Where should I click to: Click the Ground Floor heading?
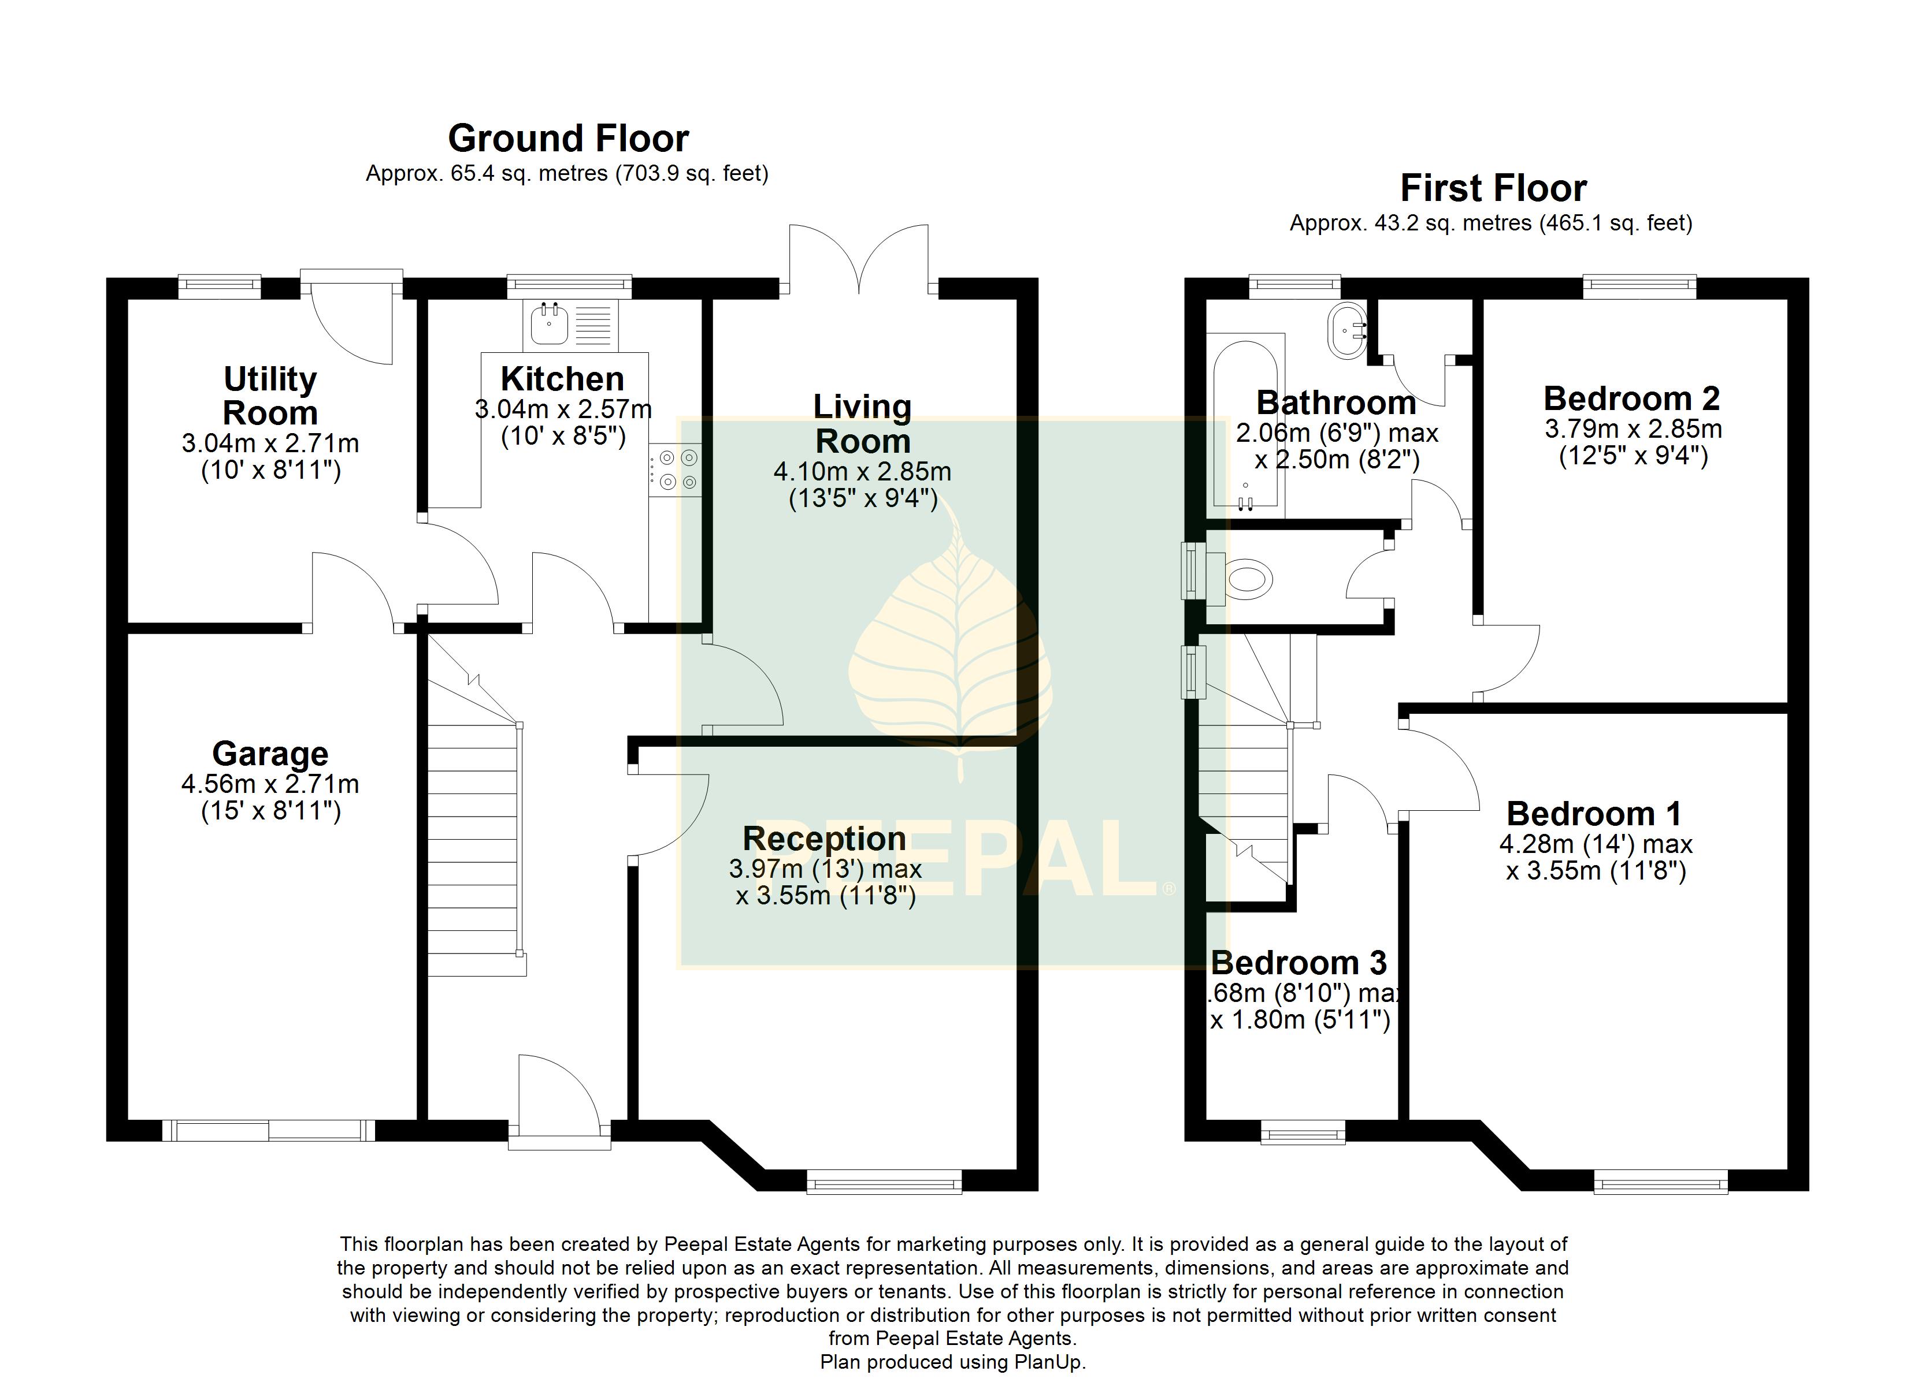click(569, 138)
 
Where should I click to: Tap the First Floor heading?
click(1493, 188)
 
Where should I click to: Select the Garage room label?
click(270, 754)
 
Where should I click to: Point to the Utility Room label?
click(270, 396)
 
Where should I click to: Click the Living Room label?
click(863, 424)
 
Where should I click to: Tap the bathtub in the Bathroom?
click(1246, 425)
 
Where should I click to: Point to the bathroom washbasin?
click(1348, 331)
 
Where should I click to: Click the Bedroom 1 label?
click(1594, 814)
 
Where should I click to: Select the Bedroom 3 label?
click(1299, 962)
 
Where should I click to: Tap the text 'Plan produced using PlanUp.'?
click(953, 1362)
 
